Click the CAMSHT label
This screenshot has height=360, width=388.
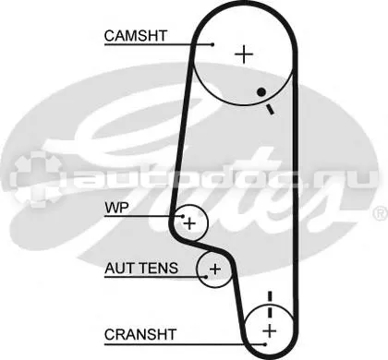(x=136, y=36)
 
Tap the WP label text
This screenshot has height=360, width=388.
(x=116, y=208)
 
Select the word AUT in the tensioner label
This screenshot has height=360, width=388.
(x=119, y=268)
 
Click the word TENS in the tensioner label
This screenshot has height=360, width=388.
(x=158, y=268)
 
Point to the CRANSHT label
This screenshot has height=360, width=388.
(x=140, y=334)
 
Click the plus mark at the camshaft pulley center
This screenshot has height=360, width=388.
(x=244, y=54)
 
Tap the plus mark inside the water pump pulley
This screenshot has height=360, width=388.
(x=189, y=223)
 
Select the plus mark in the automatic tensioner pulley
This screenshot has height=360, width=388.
(x=215, y=270)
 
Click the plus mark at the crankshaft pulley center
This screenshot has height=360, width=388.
(x=270, y=331)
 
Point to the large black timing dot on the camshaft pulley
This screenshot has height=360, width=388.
(x=261, y=91)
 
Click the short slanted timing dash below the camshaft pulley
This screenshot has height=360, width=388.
(x=270, y=110)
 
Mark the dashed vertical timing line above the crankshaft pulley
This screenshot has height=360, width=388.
(x=270, y=306)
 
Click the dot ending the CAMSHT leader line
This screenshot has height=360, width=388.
(x=212, y=44)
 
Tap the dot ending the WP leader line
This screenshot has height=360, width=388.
(x=183, y=216)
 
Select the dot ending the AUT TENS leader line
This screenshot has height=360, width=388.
(x=206, y=277)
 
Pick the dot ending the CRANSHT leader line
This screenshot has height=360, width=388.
(x=265, y=344)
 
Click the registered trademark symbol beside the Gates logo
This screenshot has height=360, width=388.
(x=381, y=213)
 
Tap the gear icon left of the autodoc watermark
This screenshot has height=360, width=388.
(x=35, y=179)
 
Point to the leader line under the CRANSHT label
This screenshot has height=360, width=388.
(x=185, y=344)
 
